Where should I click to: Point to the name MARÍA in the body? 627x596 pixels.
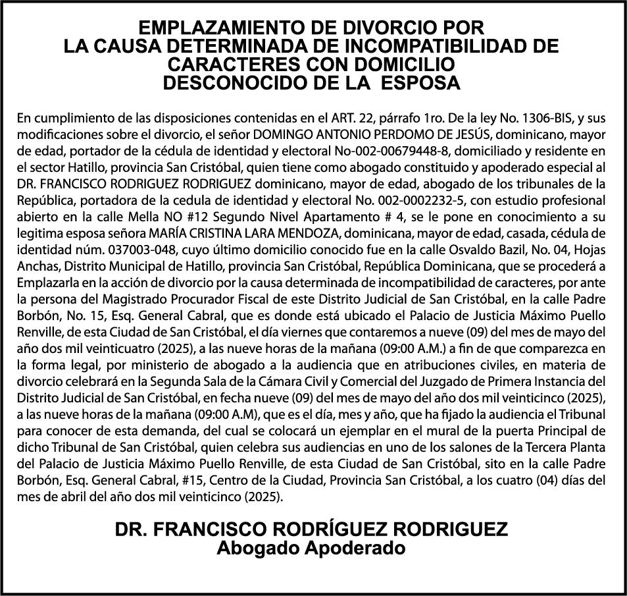166,232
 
